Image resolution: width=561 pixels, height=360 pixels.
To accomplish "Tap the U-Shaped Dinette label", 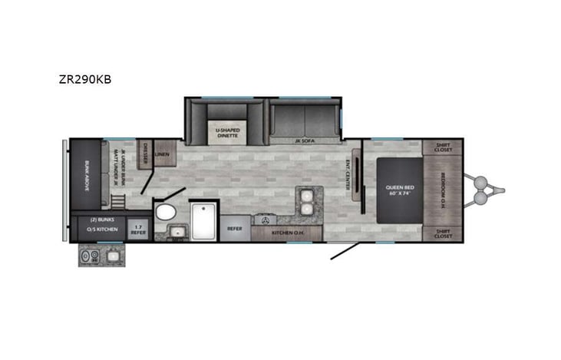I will coord(226,132).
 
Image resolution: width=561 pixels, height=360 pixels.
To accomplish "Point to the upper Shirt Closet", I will coord(442,147).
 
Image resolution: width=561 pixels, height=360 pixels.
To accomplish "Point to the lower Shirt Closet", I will coord(442,234).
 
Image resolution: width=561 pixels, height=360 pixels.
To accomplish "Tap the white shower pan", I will coord(204,220).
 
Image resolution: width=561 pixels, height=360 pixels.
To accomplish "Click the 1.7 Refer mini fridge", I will coord(139,229).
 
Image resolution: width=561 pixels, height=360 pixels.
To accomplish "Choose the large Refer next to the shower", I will coord(235,228).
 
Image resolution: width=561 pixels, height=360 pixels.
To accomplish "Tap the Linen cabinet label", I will coord(163,154).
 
